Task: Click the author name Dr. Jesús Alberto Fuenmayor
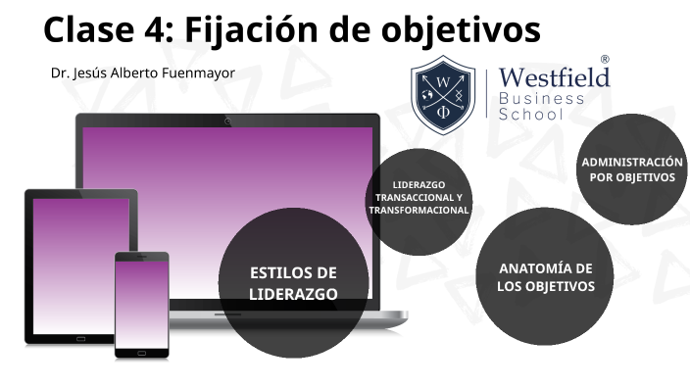(143, 73)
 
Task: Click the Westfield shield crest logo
(443, 94)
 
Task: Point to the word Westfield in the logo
(554, 77)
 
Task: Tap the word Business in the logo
(541, 98)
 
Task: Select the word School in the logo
(532, 115)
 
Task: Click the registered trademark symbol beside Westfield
(604, 61)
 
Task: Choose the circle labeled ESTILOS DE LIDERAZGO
(293, 283)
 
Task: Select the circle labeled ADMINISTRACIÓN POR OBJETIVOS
(631, 169)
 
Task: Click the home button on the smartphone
(142, 351)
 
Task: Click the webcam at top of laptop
(227, 121)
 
